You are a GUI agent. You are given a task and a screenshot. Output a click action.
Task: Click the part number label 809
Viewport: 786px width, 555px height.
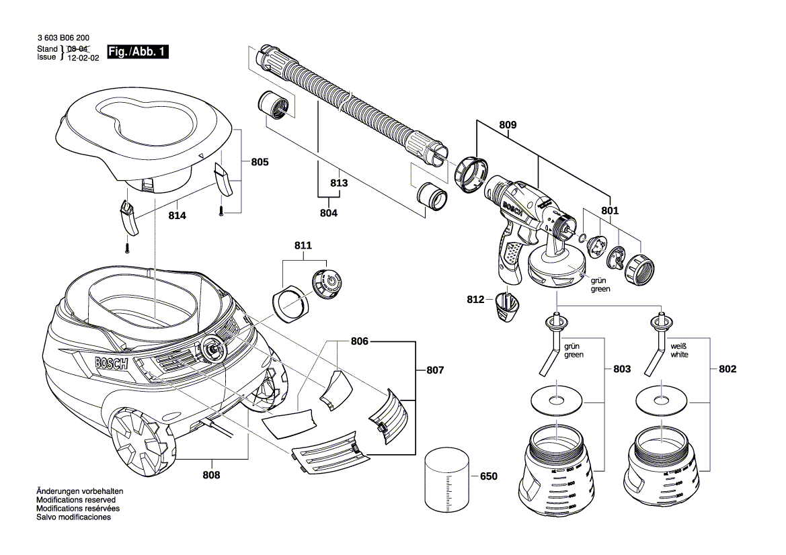[508, 124]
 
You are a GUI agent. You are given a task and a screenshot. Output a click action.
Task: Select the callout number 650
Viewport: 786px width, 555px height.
[488, 476]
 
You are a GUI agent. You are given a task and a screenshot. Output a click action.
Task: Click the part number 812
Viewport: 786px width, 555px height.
[475, 300]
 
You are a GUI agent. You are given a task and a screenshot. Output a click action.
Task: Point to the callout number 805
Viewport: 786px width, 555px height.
[260, 162]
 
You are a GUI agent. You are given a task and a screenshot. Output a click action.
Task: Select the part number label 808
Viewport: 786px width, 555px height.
[212, 474]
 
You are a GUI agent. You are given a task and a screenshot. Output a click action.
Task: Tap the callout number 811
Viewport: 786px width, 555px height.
[303, 246]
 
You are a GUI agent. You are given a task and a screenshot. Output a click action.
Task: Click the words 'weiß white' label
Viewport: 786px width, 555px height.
[679, 349]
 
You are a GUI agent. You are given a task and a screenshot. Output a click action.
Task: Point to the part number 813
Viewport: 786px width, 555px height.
[339, 183]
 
